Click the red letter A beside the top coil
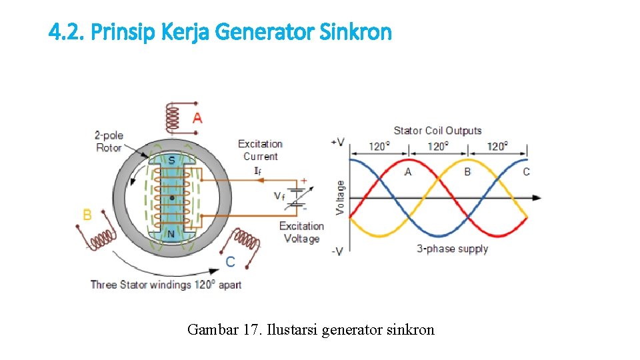(x=197, y=118)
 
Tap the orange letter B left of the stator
(x=87, y=215)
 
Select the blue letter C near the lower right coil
(x=230, y=262)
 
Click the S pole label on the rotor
(x=171, y=160)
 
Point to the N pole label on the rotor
(x=171, y=234)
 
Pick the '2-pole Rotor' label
(x=109, y=141)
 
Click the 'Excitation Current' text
(x=260, y=150)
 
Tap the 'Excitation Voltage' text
(x=301, y=233)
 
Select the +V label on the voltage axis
(x=337, y=142)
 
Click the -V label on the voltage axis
(x=337, y=251)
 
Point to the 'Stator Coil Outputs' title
(x=437, y=131)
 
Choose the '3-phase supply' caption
(x=453, y=249)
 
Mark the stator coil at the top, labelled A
(x=172, y=119)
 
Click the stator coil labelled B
(x=103, y=238)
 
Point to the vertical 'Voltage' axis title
(x=341, y=197)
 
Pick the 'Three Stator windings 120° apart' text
(x=166, y=285)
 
